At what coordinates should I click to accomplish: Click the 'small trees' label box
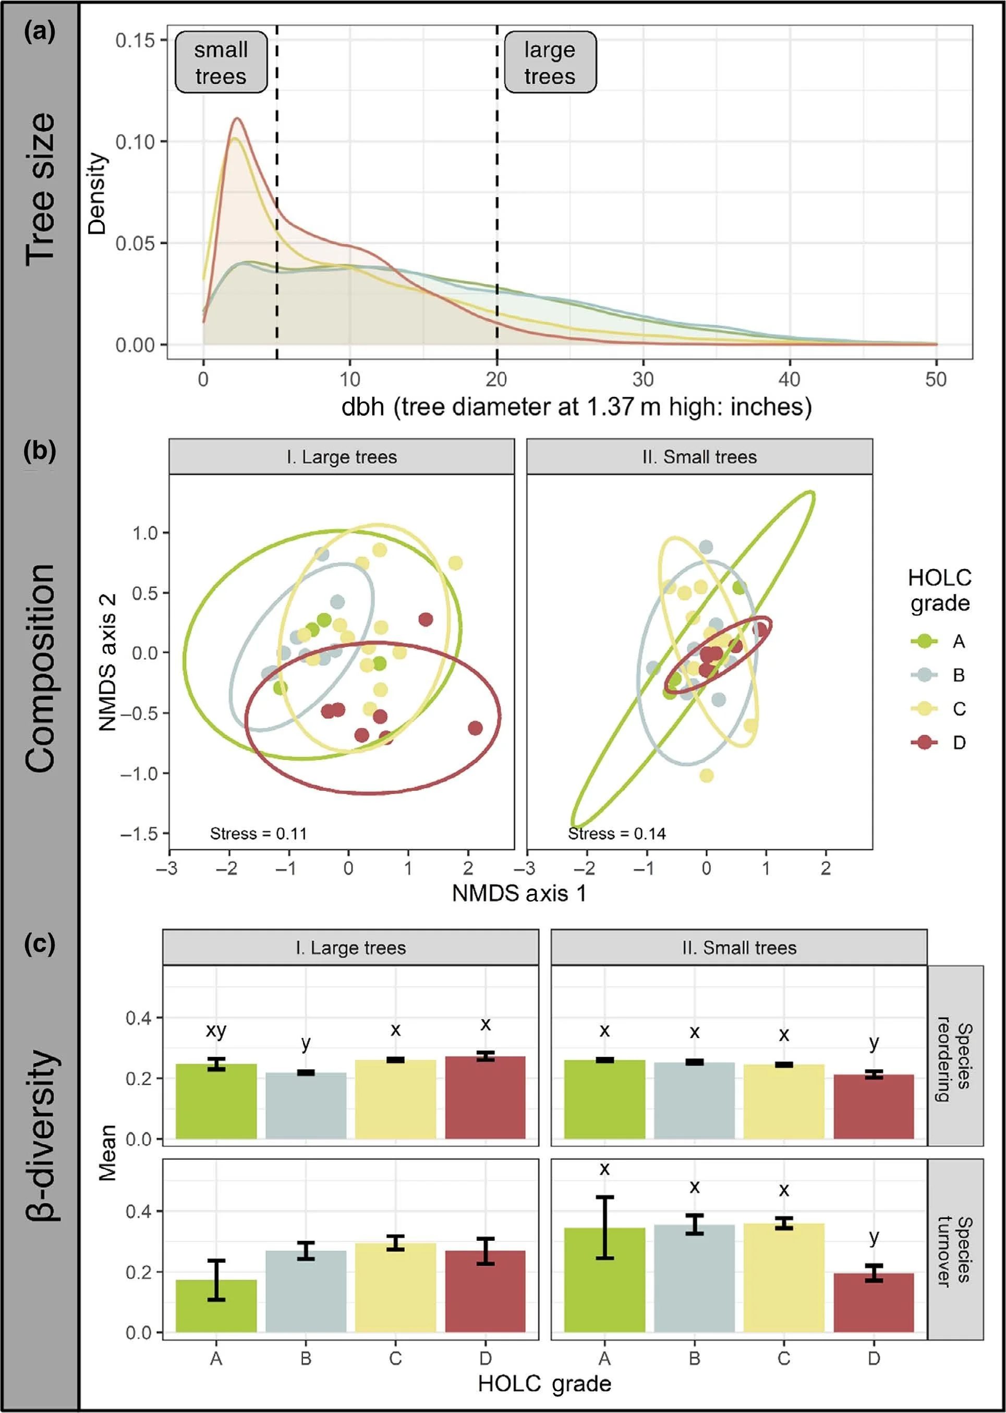pyautogui.click(x=221, y=63)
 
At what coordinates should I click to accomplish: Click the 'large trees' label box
pyautogui.click(x=550, y=63)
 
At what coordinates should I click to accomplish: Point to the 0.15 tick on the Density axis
pyautogui.click(x=135, y=40)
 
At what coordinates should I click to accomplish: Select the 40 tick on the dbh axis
pyautogui.click(x=789, y=379)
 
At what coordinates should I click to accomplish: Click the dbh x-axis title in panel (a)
pyautogui.click(x=576, y=407)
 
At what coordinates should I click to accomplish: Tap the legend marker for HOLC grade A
pyautogui.click(x=924, y=641)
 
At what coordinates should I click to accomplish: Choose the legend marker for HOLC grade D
pyautogui.click(x=924, y=742)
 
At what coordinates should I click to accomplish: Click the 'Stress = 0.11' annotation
pyautogui.click(x=258, y=833)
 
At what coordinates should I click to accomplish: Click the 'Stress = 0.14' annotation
pyautogui.click(x=616, y=833)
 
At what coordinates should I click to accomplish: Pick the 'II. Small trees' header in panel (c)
pyautogui.click(x=738, y=948)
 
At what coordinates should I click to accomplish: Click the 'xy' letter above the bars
pyautogui.click(x=216, y=1030)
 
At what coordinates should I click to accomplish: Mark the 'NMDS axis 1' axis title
pyautogui.click(x=519, y=893)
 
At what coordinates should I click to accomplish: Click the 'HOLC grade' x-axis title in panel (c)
pyautogui.click(x=544, y=1383)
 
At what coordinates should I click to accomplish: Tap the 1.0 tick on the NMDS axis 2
pyautogui.click(x=146, y=533)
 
